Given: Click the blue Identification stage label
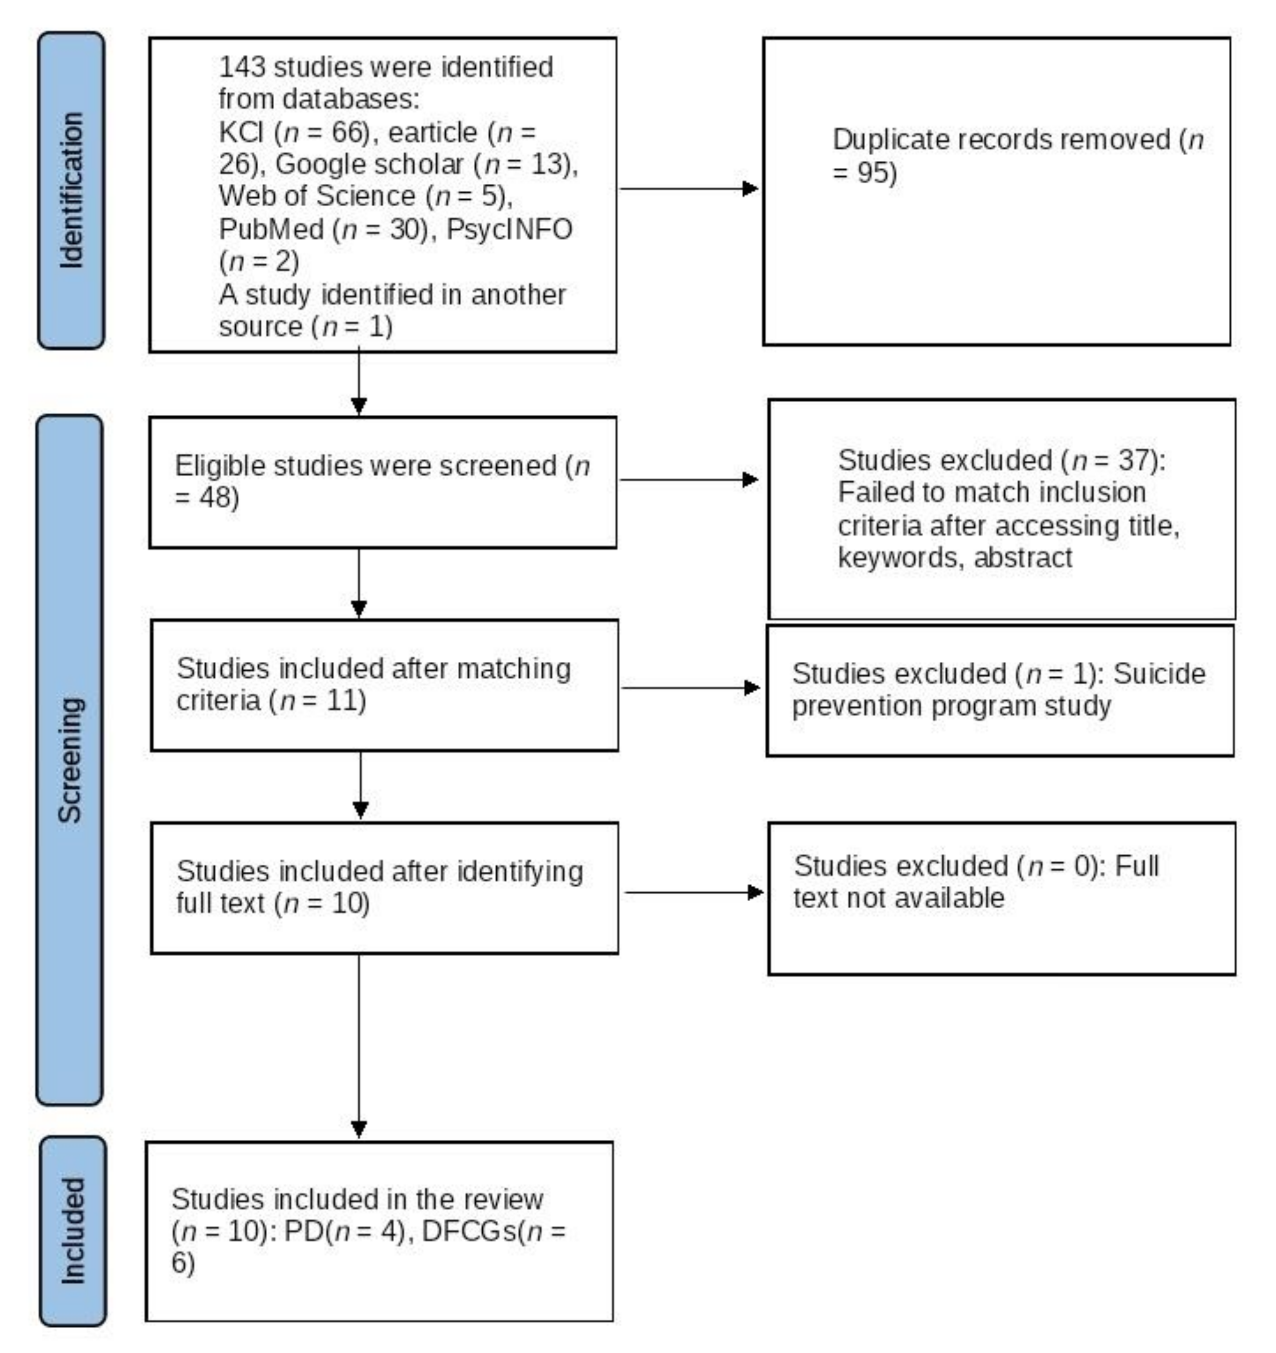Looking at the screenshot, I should (x=71, y=190).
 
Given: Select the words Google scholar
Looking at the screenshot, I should (x=370, y=164).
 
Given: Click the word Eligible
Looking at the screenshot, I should (x=219, y=466).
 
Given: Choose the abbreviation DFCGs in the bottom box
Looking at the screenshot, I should (x=469, y=1231).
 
